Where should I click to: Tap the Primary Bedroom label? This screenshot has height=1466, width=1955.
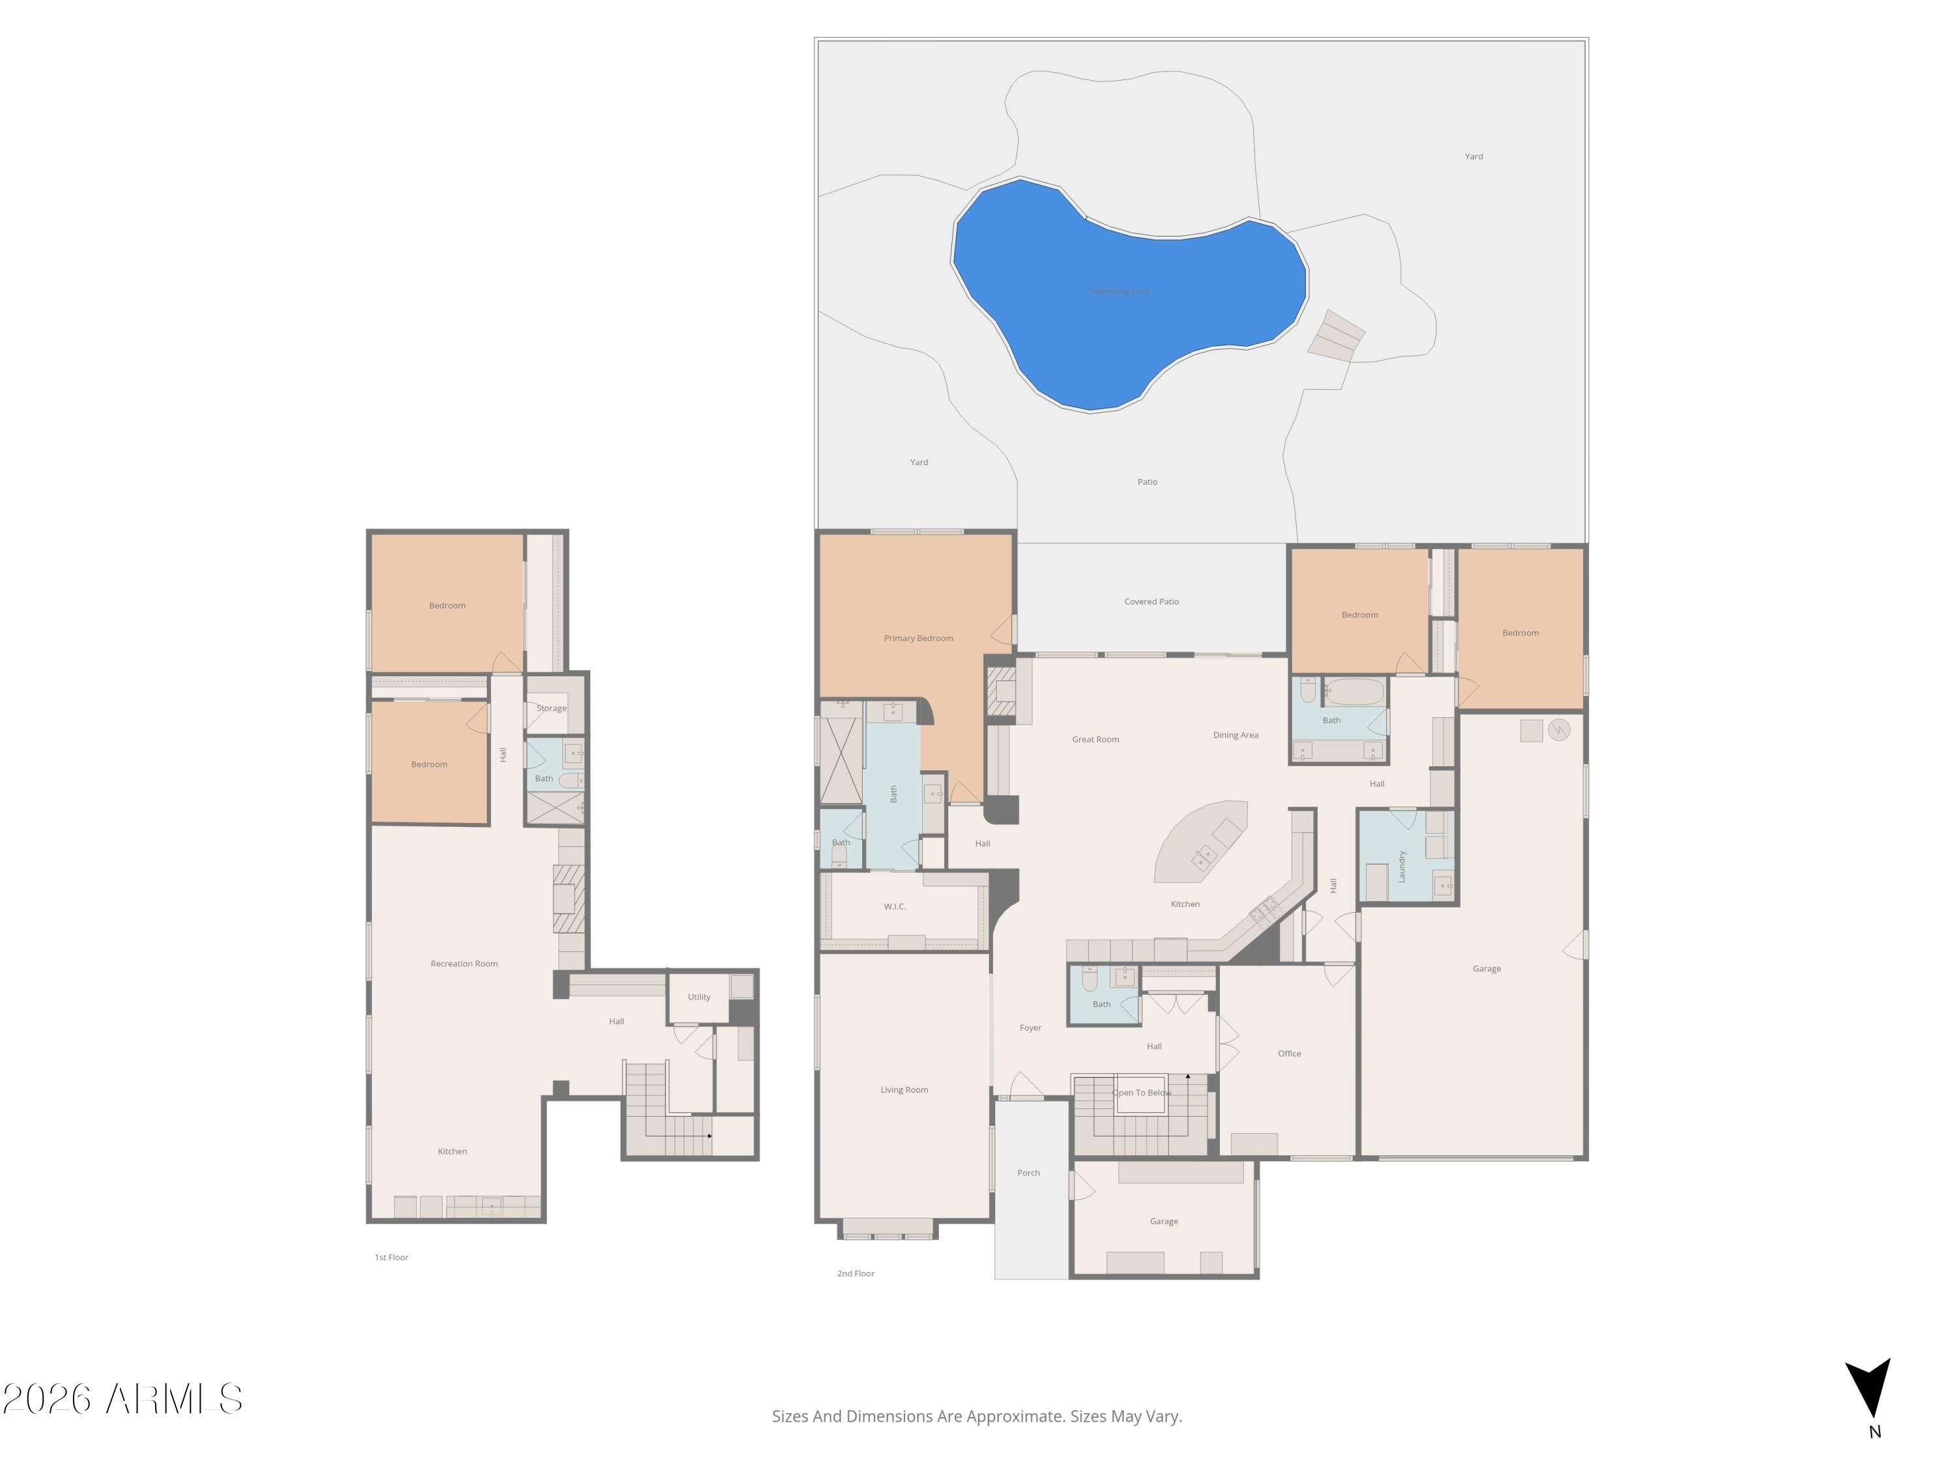click(918, 638)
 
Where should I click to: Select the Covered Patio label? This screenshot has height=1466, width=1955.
click(1151, 602)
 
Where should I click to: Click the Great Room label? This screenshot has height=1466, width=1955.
click(1095, 740)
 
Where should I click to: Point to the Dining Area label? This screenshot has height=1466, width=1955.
click(1235, 735)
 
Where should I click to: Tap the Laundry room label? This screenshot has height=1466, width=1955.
click(1401, 866)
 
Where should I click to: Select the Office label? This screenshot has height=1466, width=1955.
click(1288, 1054)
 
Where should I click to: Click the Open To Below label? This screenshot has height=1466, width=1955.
click(1141, 1093)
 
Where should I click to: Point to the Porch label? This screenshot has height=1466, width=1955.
click(1028, 1173)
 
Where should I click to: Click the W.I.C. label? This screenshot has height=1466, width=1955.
click(895, 907)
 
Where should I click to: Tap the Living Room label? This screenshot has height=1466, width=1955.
click(903, 1089)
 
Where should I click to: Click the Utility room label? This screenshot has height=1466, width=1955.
click(698, 997)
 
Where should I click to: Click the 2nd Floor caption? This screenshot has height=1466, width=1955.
click(856, 1273)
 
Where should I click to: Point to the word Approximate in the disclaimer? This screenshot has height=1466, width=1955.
click(1015, 1416)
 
